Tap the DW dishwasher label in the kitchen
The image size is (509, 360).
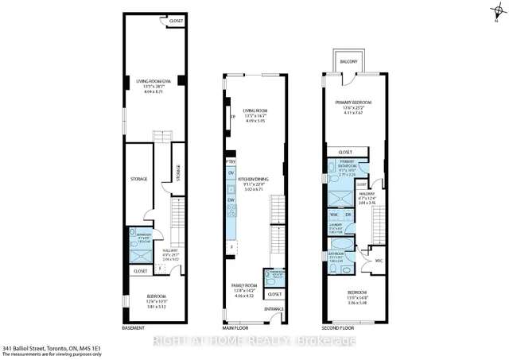(231, 200)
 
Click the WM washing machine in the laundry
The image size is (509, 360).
(334, 214)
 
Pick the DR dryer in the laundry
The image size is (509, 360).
(348, 214)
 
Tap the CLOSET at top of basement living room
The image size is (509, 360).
(169, 20)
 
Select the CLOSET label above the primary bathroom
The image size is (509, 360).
(344, 152)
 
